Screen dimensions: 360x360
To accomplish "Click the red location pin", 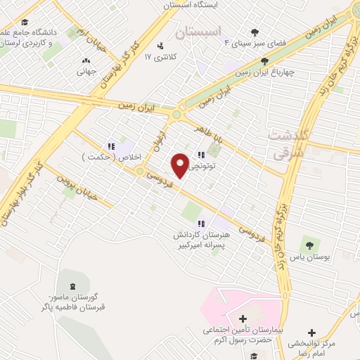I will [x=181, y=165].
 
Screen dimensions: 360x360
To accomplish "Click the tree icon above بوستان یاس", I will [x=308, y=244].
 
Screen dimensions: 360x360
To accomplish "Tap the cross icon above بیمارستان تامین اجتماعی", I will [x=243, y=320].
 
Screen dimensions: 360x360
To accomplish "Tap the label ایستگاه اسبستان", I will [x=199, y=5].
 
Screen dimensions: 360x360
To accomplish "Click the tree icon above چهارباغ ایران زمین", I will [x=264, y=61].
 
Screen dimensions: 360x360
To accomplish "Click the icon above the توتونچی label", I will [x=201, y=155].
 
